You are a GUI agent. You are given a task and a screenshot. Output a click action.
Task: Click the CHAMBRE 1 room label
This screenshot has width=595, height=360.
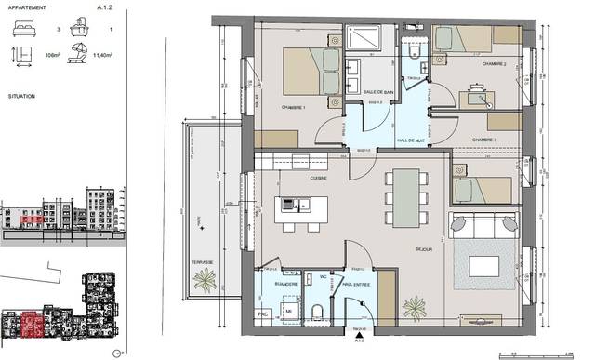295,107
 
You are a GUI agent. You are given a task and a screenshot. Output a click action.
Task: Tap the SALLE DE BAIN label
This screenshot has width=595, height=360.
377,92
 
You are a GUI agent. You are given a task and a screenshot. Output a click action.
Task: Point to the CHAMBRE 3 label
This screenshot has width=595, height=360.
484,139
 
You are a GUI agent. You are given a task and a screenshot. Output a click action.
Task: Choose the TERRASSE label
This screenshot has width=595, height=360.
202,262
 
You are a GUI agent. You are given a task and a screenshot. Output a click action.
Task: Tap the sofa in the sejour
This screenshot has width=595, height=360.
482,225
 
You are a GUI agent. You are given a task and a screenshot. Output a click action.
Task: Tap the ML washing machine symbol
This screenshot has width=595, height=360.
289,310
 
